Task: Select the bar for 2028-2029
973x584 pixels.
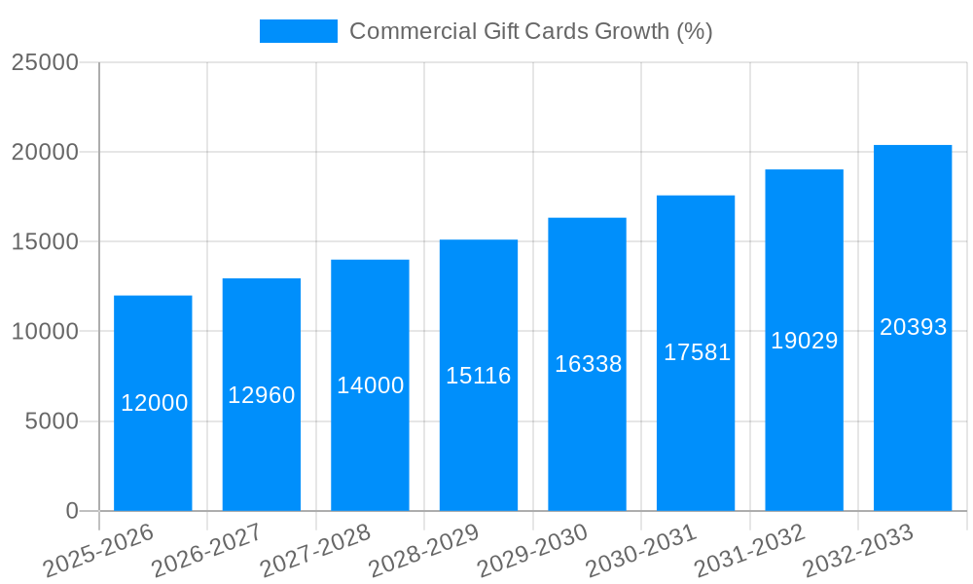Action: (x=479, y=438)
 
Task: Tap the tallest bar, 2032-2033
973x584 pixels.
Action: (x=913, y=409)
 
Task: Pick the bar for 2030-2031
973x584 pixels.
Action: (x=696, y=428)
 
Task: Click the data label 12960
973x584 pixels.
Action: (x=262, y=395)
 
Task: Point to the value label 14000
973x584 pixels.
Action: (x=371, y=385)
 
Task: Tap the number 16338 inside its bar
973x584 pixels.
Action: (x=589, y=364)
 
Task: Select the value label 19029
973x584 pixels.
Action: (x=805, y=341)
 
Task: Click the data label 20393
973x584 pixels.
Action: (x=914, y=327)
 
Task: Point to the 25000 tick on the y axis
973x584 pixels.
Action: (x=45, y=62)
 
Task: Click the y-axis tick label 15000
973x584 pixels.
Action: (x=45, y=241)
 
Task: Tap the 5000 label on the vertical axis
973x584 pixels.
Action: (x=51, y=421)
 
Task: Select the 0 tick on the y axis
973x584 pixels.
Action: (x=72, y=511)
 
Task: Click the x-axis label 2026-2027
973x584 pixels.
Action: (x=205, y=549)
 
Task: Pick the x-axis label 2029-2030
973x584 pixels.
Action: (x=532, y=549)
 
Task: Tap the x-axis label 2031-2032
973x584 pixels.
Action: (x=749, y=549)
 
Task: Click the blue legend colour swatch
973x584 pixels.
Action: (x=298, y=31)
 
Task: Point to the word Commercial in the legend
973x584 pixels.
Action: (x=413, y=31)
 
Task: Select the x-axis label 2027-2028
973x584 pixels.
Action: (x=315, y=549)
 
